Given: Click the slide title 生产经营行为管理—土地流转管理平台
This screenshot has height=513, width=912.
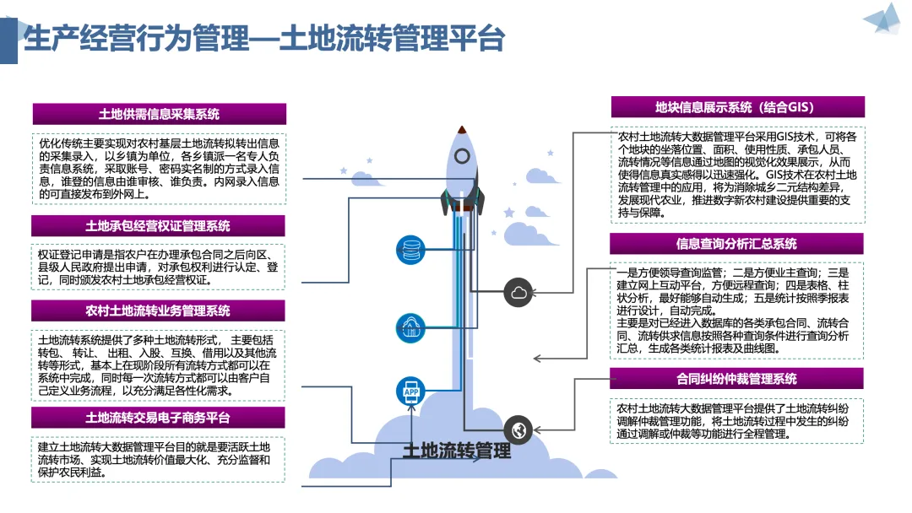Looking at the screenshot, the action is (264, 38).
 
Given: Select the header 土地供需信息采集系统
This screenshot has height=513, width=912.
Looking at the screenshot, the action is (160, 114).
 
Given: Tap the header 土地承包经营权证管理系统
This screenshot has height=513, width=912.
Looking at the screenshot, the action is (158, 226).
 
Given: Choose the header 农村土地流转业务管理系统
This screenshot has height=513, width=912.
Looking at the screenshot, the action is (158, 310).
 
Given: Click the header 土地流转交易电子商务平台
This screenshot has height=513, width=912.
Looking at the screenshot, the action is (158, 418).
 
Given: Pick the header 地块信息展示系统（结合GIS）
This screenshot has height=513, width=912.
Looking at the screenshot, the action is (737, 107).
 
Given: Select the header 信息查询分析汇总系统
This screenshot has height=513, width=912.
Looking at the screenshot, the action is (736, 244).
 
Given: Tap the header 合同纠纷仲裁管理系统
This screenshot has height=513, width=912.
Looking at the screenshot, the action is (736, 379).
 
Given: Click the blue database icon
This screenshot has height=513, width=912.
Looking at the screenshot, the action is (410, 251).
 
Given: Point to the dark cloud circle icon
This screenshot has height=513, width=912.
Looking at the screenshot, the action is (518, 292).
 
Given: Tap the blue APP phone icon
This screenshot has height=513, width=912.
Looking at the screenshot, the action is (411, 391).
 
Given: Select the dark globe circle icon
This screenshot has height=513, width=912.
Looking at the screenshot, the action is (518, 430).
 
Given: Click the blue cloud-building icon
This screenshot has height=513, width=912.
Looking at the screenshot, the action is (410, 327).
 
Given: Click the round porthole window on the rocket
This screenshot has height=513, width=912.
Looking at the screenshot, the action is (462, 156).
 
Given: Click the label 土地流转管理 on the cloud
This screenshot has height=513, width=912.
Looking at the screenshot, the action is (457, 451).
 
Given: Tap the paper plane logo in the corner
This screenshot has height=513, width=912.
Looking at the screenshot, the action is (883, 19).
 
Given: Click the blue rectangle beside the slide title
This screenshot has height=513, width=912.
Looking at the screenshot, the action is (8, 40).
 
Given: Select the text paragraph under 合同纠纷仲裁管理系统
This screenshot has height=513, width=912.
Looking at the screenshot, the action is (733, 421).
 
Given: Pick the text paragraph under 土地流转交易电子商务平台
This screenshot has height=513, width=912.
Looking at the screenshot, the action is (155, 460).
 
